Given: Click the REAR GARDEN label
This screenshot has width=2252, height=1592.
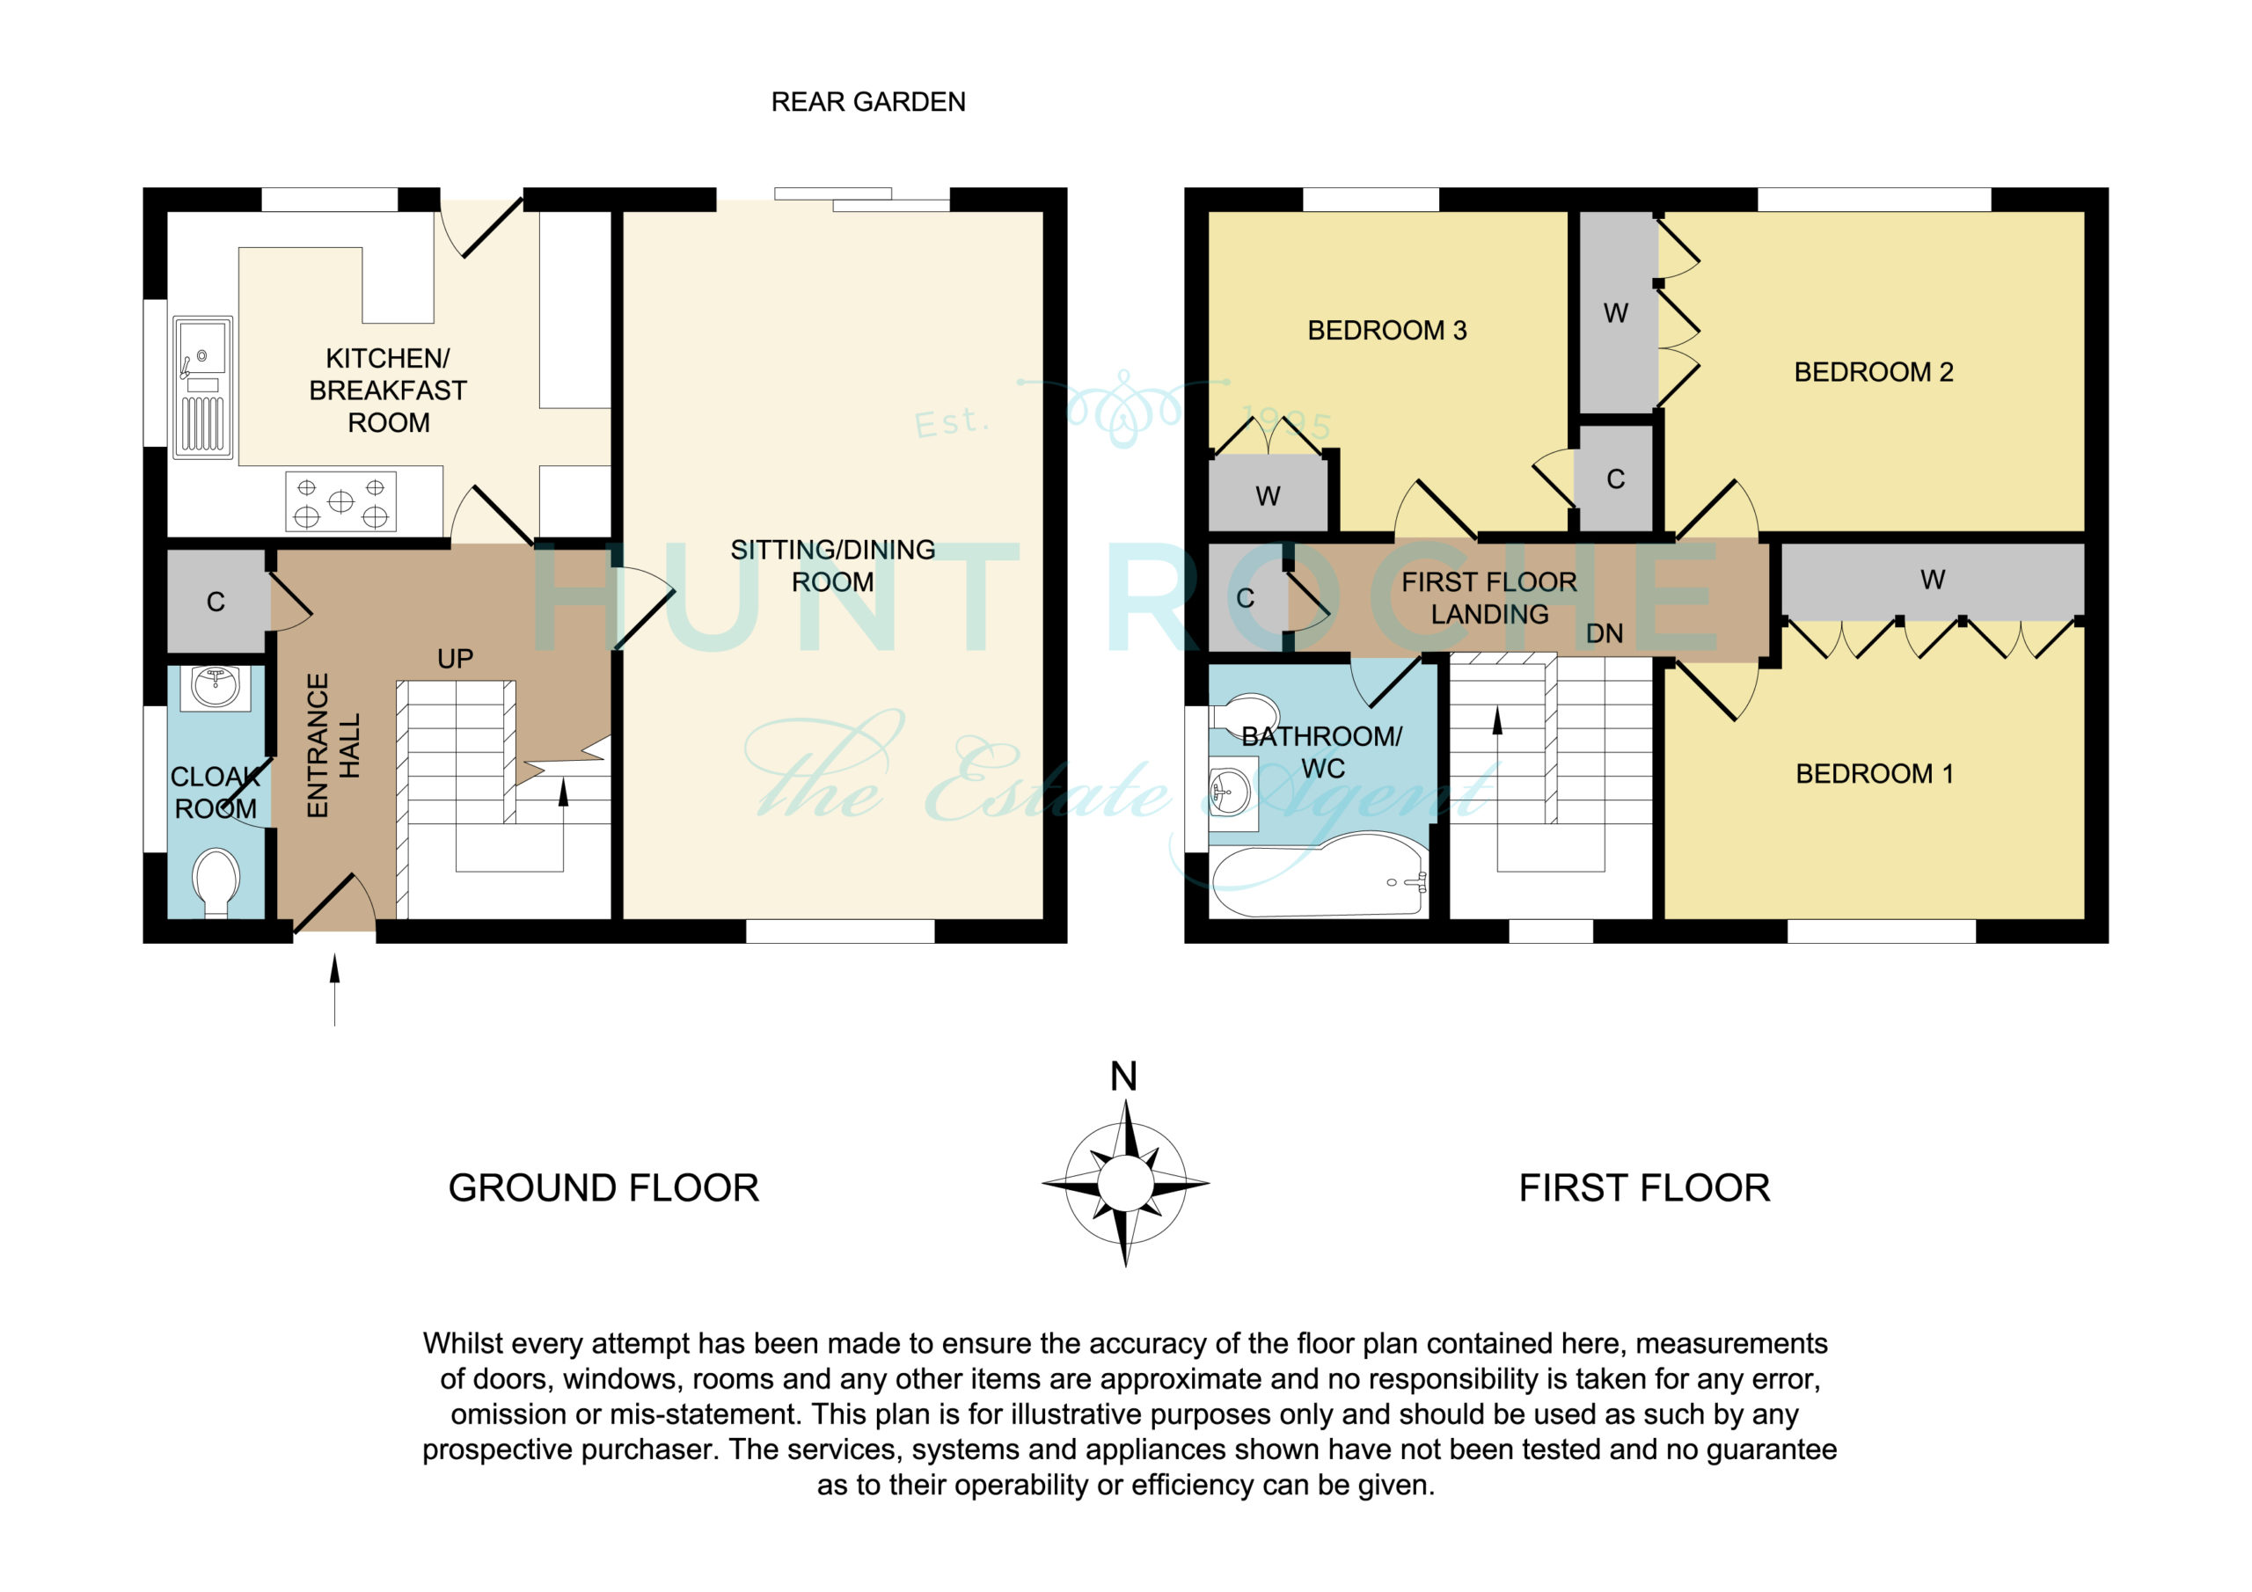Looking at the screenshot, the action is coord(868,102).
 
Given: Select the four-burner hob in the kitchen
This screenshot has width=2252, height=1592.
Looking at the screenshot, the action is coord(340,501).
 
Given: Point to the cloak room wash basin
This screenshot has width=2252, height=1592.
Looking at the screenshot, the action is coord(216,687).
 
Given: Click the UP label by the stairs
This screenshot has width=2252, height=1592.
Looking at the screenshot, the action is coord(455,659).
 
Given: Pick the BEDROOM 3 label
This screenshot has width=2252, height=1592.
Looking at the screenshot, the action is coord(1387,331).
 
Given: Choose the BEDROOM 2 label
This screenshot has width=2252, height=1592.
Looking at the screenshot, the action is coord(1874,373).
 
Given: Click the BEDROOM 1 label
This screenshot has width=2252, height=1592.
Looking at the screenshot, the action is coord(1875,774).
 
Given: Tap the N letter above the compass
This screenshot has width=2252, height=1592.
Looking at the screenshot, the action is coord(1124,1077).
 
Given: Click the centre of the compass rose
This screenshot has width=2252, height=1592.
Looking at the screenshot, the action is coord(1125,1184).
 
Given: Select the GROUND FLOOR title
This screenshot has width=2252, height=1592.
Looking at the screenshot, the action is coord(603,1189).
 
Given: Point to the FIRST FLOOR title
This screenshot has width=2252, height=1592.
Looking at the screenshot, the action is coord(1645,1189).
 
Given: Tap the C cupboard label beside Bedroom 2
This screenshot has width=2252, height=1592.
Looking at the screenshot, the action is coord(1615,479).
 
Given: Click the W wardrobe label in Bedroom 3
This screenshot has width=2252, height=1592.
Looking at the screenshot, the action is coord(1268,496).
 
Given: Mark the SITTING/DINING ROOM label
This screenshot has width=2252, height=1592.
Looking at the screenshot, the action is coord(833,566).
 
